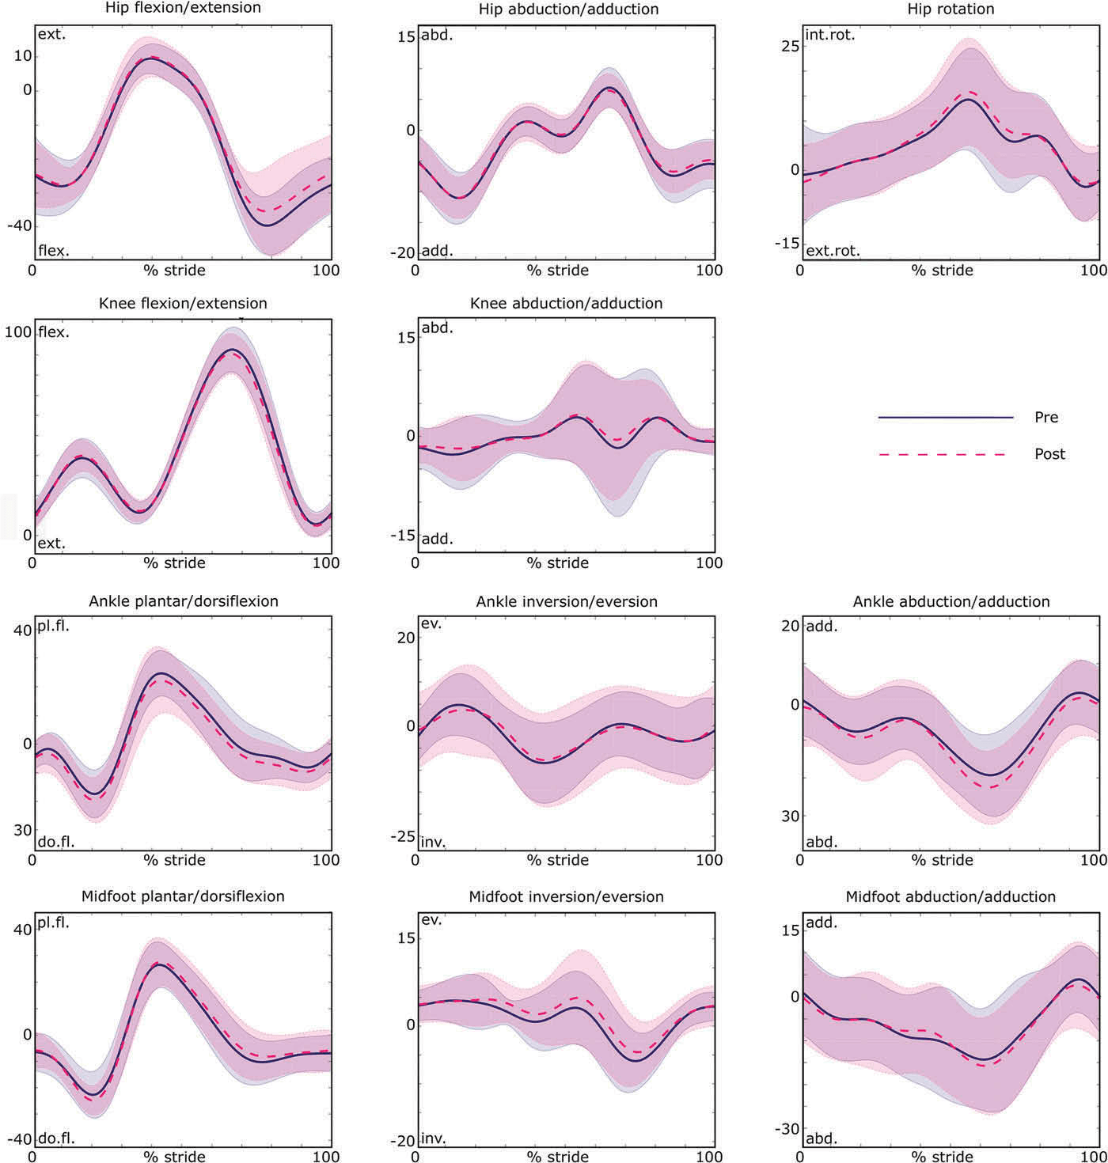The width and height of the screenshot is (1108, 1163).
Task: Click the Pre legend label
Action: (x=1045, y=417)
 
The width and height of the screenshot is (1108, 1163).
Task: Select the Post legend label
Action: (x=1049, y=454)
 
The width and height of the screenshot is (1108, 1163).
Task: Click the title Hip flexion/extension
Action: (x=183, y=9)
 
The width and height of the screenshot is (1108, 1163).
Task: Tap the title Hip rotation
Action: (x=951, y=9)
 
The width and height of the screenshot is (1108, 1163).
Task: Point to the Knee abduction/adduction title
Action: (x=566, y=304)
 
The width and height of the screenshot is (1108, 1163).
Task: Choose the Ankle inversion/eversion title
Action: (x=567, y=602)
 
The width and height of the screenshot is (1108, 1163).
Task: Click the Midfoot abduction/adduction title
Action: (x=951, y=897)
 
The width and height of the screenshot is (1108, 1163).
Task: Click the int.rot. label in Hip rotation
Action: (x=829, y=36)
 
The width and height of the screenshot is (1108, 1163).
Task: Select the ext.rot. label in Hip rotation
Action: (x=832, y=252)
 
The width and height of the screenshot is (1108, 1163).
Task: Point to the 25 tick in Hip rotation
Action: (x=790, y=46)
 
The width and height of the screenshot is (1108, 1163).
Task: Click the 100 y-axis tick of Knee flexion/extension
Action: (x=17, y=332)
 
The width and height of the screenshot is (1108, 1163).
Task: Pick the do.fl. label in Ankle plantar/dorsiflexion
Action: (x=55, y=842)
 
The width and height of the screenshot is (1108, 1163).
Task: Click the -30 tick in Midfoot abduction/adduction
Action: (x=786, y=1130)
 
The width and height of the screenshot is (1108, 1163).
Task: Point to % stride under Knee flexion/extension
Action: (x=174, y=563)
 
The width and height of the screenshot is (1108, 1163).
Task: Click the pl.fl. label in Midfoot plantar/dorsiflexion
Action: (x=53, y=922)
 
